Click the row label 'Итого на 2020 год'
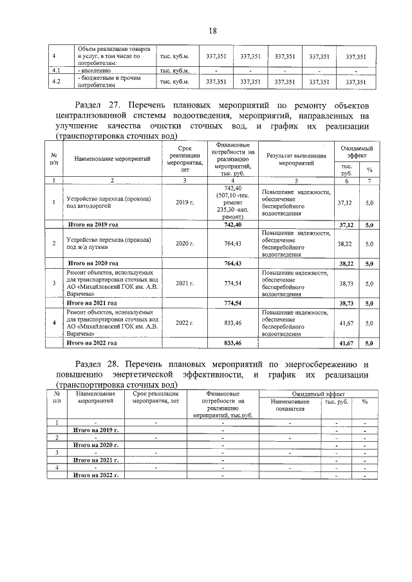click(x=93, y=263)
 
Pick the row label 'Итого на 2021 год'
click(x=93, y=302)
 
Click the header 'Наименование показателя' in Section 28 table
click(x=287, y=405)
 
